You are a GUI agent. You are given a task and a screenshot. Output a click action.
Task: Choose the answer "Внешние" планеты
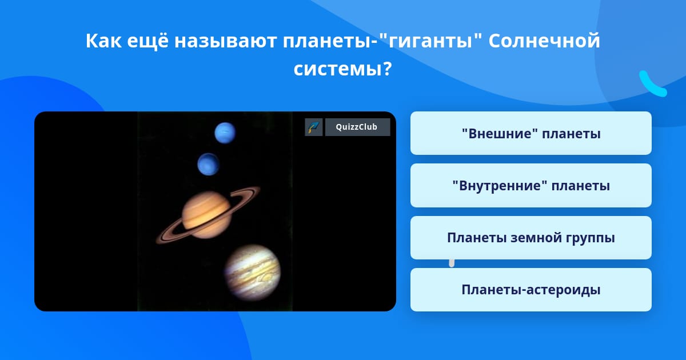(531, 133)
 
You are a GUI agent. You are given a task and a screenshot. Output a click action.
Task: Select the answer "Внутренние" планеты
(531, 186)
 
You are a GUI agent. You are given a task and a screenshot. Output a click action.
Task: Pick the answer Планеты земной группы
(531, 238)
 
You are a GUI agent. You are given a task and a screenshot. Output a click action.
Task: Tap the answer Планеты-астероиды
(531, 290)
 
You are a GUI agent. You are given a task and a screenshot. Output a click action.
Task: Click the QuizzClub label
(357, 127)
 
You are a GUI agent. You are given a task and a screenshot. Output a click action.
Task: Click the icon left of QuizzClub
(314, 127)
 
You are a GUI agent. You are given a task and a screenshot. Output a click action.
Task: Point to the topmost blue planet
(225, 133)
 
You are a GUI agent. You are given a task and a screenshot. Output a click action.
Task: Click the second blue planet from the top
(208, 165)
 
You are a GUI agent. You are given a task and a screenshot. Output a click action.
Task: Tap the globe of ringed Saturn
(206, 215)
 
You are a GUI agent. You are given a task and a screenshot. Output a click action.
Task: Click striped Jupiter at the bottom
(252, 273)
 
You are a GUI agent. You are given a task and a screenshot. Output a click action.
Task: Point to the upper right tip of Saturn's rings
(260, 188)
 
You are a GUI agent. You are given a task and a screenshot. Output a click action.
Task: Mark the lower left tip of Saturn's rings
(157, 242)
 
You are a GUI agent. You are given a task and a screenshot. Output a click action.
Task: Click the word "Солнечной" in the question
(544, 41)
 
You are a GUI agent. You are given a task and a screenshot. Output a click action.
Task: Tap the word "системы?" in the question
(342, 69)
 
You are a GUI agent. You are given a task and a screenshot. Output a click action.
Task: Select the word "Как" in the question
(103, 41)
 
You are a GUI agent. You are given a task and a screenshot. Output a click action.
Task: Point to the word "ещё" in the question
(147, 41)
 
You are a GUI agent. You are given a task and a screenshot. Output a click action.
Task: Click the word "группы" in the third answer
(590, 238)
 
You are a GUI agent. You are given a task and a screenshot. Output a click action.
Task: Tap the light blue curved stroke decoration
(652, 85)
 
